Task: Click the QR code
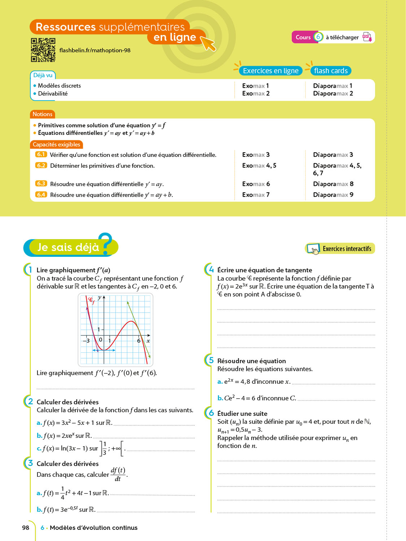click(x=43, y=50)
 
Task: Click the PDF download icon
click(x=367, y=37)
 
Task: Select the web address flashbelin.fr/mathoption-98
click(x=95, y=50)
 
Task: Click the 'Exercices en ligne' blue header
click(x=271, y=71)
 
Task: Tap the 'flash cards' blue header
click(x=331, y=71)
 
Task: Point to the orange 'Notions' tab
click(x=43, y=114)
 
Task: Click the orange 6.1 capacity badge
click(x=41, y=154)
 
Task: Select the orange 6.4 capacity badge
click(x=41, y=194)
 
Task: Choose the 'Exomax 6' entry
click(x=256, y=184)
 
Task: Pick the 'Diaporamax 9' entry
click(x=333, y=195)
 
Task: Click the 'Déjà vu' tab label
click(x=43, y=75)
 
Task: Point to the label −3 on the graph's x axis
click(x=86, y=340)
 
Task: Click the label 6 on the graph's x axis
click(x=139, y=340)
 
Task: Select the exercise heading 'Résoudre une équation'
click(x=252, y=361)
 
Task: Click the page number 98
click(x=26, y=528)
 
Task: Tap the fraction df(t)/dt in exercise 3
click(x=118, y=474)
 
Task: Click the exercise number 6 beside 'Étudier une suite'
click(x=211, y=413)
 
